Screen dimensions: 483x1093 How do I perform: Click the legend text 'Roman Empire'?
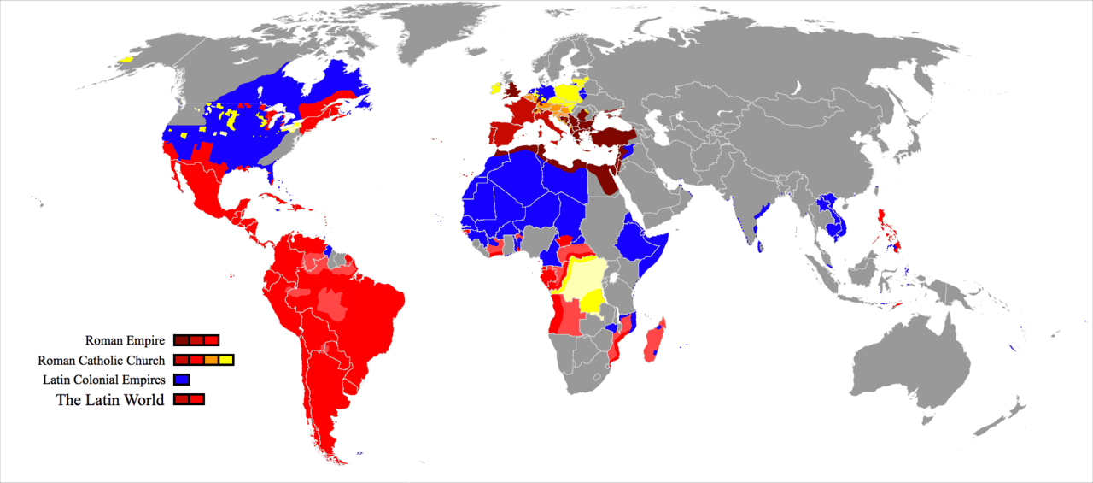125,340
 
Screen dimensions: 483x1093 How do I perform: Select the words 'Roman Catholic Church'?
101,360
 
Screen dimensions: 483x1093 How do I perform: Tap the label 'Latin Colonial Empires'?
104,380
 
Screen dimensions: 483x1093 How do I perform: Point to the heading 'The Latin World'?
110,399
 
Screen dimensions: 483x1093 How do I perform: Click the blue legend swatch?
181,380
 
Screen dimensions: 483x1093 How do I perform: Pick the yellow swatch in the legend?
225,360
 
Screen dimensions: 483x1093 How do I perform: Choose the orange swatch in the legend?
211,360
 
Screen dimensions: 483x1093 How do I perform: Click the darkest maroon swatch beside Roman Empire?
181,340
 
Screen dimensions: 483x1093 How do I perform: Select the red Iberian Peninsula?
503,135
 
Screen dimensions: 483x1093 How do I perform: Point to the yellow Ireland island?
495,88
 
